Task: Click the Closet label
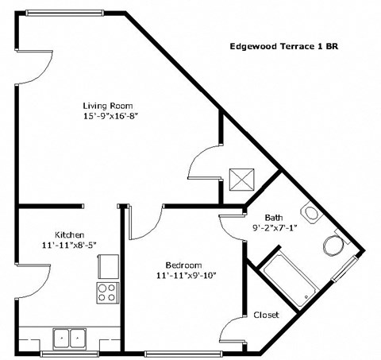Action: [267, 315]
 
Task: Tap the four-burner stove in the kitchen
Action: [106, 292]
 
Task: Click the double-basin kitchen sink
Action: [68, 338]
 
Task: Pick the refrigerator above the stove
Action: [107, 266]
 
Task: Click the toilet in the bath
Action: [333, 242]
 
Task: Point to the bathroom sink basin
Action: [309, 213]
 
